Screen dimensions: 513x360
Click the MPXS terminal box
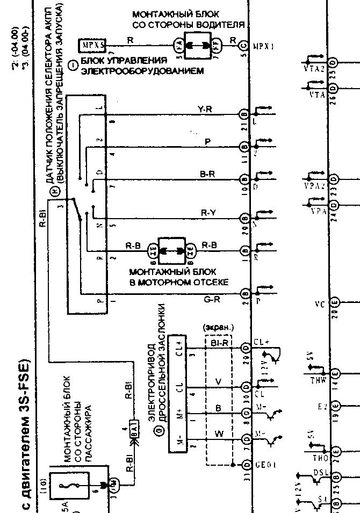[x=92, y=45]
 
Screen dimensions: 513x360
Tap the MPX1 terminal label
[x=264, y=46]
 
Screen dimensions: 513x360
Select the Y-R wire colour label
[x=205, y=110]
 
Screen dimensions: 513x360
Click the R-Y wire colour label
[x=208, y=213]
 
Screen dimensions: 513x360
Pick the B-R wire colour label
[x=208, y=174]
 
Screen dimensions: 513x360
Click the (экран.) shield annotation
[x=218, y=327]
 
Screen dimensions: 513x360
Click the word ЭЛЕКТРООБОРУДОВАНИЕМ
[x=143, y=70]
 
